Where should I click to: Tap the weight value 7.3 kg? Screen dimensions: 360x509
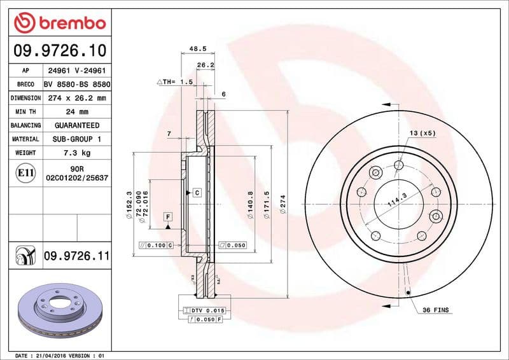[77, 153]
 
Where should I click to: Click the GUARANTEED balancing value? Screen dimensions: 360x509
[77, 126]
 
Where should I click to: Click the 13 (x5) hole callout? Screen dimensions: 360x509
[422, 133]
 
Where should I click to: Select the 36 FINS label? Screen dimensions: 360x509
[435, 310]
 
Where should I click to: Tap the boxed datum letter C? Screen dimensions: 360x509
[197, 192]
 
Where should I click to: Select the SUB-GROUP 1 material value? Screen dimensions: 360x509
[77, 139]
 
